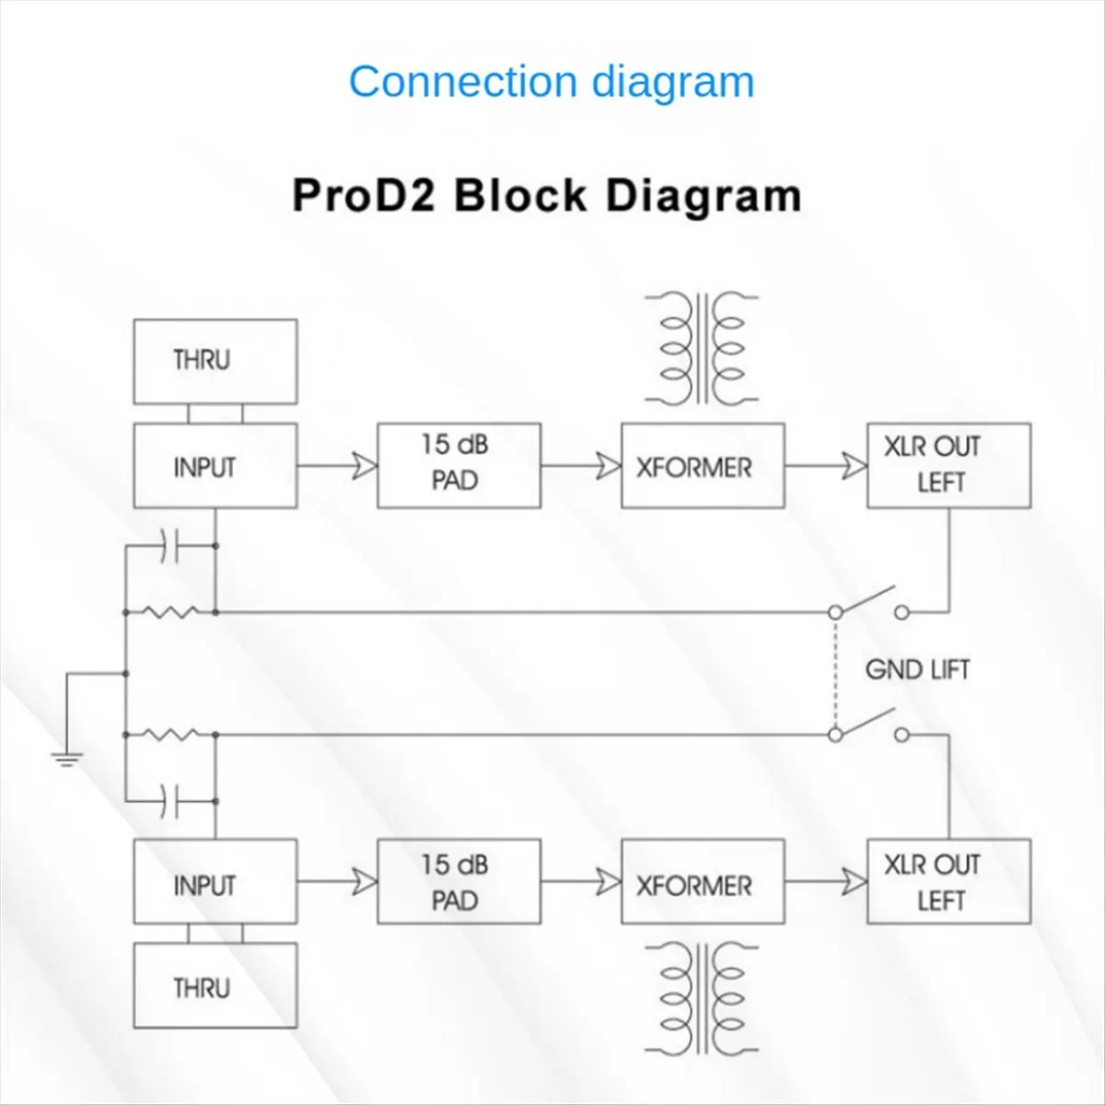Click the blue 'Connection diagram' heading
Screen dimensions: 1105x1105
552,82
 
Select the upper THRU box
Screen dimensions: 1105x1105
215,361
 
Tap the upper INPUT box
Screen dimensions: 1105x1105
215,466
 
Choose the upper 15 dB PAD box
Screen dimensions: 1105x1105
459,465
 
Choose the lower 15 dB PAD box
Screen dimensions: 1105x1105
459,882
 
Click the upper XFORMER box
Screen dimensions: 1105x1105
703,466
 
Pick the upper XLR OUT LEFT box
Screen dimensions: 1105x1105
948,466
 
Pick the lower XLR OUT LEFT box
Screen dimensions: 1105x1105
948,882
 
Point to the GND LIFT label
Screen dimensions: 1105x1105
917,669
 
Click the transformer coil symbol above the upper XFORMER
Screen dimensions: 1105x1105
702,348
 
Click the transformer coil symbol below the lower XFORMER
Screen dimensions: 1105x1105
702,998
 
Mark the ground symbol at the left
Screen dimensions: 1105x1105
66,759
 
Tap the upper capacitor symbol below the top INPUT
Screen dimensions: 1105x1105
169,546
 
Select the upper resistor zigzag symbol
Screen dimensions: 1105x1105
171,611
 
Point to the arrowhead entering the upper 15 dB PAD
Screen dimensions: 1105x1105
365,467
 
